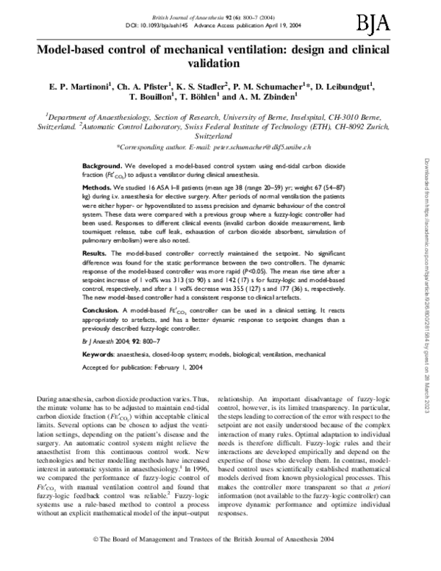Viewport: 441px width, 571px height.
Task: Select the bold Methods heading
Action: pos(97,188)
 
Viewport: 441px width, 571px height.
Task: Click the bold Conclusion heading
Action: pos(101,312)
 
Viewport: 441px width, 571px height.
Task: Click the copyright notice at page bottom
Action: pos(220,559)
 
